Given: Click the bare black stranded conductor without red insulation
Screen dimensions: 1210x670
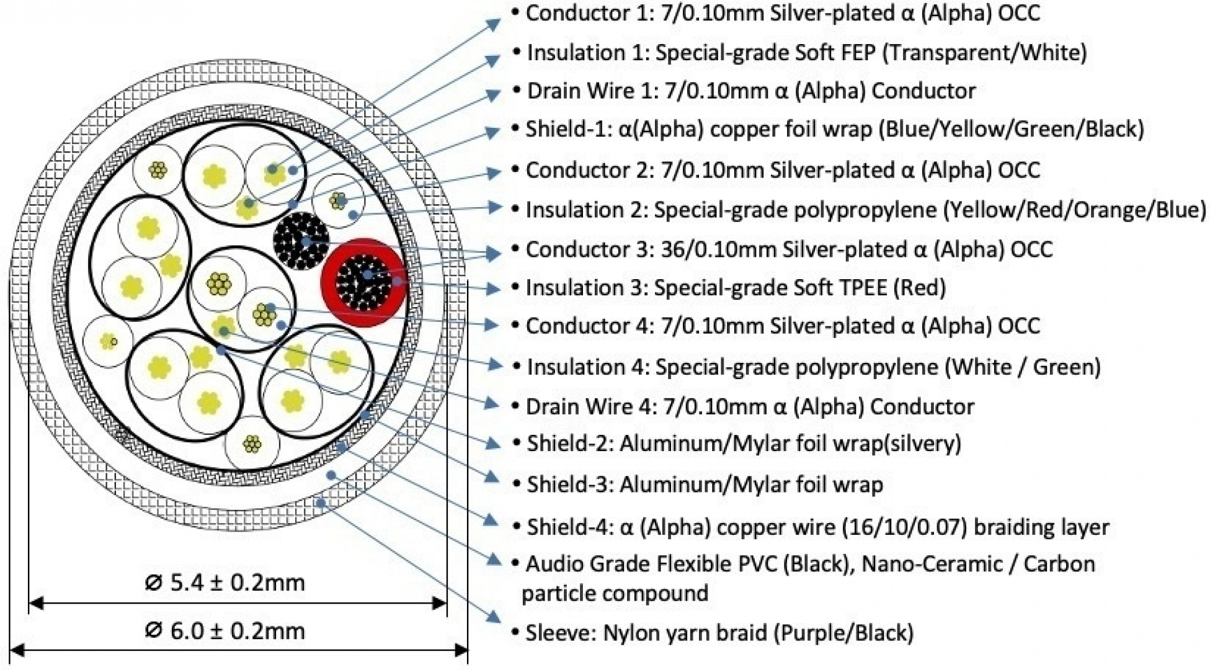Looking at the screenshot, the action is pyautogui.click(x=301, y=241).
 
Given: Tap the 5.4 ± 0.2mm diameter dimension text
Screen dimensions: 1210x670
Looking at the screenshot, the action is pyautogui.click(x=225, y=583).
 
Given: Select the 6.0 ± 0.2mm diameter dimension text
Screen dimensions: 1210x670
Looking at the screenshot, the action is pyautogui.click(x=225, y=631).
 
